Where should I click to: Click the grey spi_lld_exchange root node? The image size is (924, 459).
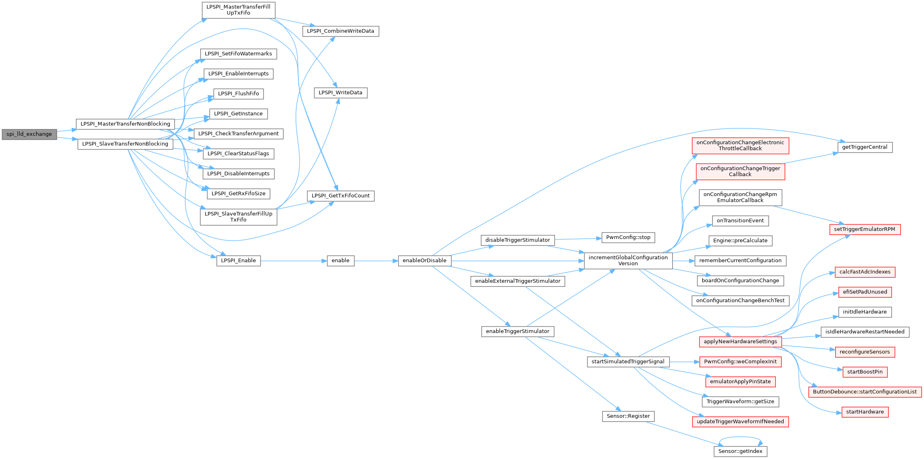pos(29,134)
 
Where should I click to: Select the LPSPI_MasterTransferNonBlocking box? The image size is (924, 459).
pos(125,124)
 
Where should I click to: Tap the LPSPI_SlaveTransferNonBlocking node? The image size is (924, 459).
pos(125,144)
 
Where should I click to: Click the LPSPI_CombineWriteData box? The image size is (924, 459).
pos(341,31)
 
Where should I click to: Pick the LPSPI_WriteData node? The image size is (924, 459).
pos(341,93)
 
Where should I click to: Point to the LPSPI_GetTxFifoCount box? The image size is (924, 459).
pos(341,196)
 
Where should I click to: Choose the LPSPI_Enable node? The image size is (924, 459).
pos(238,260)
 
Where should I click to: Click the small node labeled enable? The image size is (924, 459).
pos(341,260)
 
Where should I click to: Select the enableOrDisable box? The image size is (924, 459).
pos(424,260)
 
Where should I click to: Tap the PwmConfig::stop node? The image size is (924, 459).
pos(628,237)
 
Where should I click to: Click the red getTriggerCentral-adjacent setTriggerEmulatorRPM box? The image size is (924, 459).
pos(865,229)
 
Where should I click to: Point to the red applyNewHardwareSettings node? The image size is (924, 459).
pos(740,342)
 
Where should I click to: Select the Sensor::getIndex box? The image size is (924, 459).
pos(740,451)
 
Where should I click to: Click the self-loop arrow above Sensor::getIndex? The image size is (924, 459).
pos(740,437)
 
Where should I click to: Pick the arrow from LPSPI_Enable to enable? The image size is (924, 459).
pos(294,261)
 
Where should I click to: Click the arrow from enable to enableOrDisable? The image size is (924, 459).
pos(376,261)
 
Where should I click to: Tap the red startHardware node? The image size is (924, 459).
pos(865,412)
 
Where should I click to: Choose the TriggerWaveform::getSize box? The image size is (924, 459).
pos(740,401)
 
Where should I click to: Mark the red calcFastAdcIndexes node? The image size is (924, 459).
pos(865,272)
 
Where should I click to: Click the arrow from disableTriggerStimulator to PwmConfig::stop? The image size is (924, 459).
pos(578,239)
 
